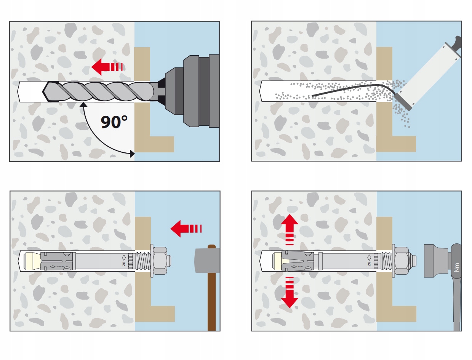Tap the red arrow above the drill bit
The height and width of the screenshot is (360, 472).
point(107,67)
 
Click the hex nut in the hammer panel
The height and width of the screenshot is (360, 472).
point(161,261)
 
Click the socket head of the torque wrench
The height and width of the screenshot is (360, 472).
point(436,261)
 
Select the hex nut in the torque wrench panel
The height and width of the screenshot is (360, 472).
point(402,261)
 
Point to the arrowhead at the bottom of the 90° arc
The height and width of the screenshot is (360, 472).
point(131,154)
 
